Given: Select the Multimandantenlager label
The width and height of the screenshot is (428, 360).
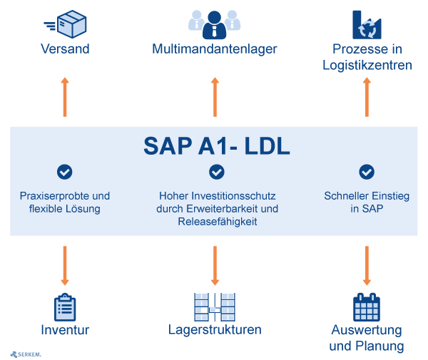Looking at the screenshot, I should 215,49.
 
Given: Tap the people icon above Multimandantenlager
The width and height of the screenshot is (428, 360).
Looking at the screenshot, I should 215,24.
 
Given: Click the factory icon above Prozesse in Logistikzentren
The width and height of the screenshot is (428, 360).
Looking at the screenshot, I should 367,24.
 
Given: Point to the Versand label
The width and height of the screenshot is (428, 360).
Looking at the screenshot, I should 65,49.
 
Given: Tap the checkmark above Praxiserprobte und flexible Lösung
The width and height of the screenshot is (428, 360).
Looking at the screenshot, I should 65,172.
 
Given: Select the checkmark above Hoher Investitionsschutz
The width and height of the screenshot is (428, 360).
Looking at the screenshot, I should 217,172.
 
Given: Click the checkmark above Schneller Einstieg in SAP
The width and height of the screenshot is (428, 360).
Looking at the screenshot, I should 367,172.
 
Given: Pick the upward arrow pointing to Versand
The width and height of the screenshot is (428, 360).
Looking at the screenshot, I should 65,97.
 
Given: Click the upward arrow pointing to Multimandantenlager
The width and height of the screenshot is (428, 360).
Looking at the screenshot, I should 215,97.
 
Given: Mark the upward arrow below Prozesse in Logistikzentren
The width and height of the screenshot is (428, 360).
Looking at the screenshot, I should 367,97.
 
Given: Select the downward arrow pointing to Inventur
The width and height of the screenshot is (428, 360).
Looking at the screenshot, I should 65,265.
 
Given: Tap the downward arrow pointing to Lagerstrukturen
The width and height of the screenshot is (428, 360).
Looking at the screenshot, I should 215,265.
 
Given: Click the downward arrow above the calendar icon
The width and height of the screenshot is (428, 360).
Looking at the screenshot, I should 367,265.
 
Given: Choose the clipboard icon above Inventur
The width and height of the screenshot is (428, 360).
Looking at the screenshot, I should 65,307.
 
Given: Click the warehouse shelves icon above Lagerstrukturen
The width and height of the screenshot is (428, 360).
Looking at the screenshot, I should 215,307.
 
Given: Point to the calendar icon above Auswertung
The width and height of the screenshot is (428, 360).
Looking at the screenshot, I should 367,307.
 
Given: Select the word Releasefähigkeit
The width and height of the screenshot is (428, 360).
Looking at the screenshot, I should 217,222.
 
